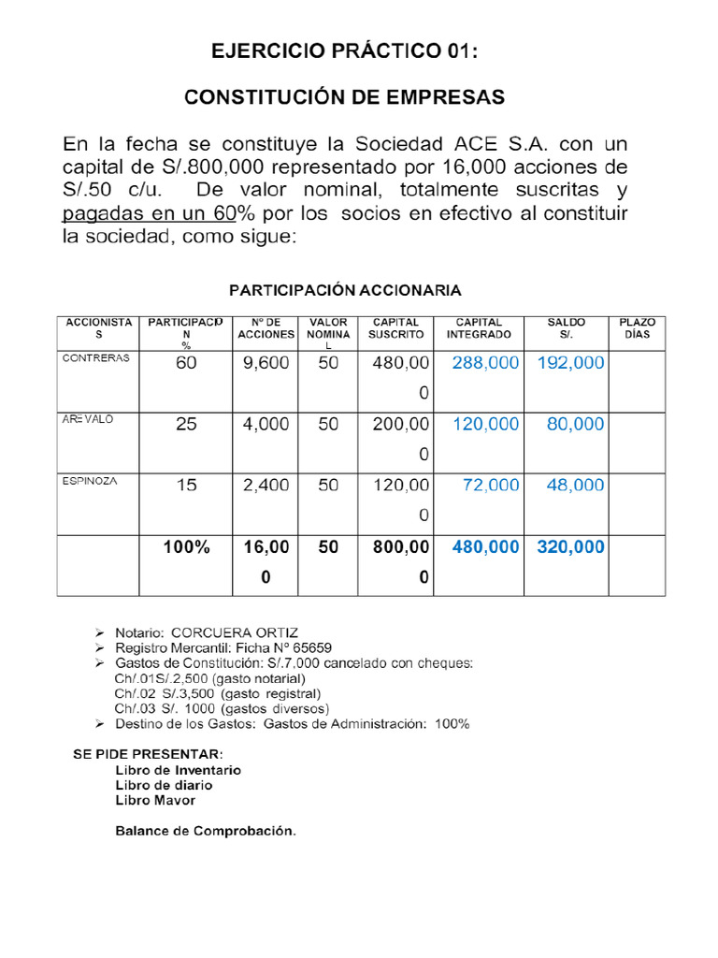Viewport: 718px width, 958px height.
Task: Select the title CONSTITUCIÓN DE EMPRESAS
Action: point(343,97)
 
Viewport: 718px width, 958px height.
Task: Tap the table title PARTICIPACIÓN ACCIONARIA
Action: point(346,290)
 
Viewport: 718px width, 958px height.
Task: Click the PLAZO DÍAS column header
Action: point(637,328)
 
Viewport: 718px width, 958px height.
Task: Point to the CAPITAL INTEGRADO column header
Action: point(479,328)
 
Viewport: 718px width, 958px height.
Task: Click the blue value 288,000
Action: point(484,364)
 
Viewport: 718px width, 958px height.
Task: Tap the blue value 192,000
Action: point(570,364)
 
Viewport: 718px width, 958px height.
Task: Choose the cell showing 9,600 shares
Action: point(266,364)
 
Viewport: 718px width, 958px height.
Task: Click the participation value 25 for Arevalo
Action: point(187,425)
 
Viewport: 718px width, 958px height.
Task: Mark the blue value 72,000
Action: point(491,486)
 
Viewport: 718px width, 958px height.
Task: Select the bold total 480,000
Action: point(484,548)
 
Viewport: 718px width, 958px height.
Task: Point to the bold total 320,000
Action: point(570,548)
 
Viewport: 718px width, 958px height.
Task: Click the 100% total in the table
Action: point(187,548)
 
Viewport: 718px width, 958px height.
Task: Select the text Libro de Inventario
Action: point(178,770)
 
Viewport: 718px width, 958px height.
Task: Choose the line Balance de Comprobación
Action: point(205,831)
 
